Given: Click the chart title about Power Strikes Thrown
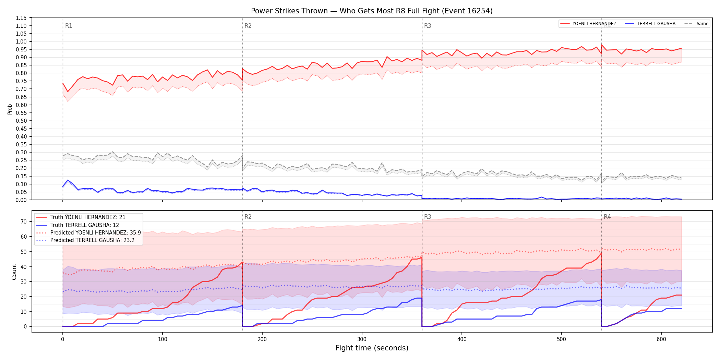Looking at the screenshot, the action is coord(372,11).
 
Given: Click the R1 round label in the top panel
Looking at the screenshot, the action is coord(69,26).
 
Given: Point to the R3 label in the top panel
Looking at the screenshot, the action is coord(428,26).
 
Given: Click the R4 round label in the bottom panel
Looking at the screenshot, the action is coord(607,217).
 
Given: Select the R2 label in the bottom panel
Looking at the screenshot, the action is coord(248,217).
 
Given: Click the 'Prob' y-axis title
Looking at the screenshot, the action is coord(10,109).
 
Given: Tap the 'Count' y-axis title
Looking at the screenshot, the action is coord(14,272).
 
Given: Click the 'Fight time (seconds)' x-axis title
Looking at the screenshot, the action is coord(372,348).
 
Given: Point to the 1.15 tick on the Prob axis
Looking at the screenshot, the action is coord(21,18).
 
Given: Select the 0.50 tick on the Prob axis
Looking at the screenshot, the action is coord(21,121).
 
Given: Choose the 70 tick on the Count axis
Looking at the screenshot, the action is coord(24,221).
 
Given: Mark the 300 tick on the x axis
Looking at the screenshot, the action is coord(362,339).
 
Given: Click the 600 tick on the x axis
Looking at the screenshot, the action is coord(661,339).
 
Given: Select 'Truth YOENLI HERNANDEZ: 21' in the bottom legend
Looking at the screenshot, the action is coord(88,217).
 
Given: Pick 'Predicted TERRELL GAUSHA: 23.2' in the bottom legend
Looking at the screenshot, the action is coord(93,240).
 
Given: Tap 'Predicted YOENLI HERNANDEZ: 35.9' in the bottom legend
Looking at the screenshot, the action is coord(96,233).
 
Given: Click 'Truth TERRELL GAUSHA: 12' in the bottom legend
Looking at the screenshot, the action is coord(85,225).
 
